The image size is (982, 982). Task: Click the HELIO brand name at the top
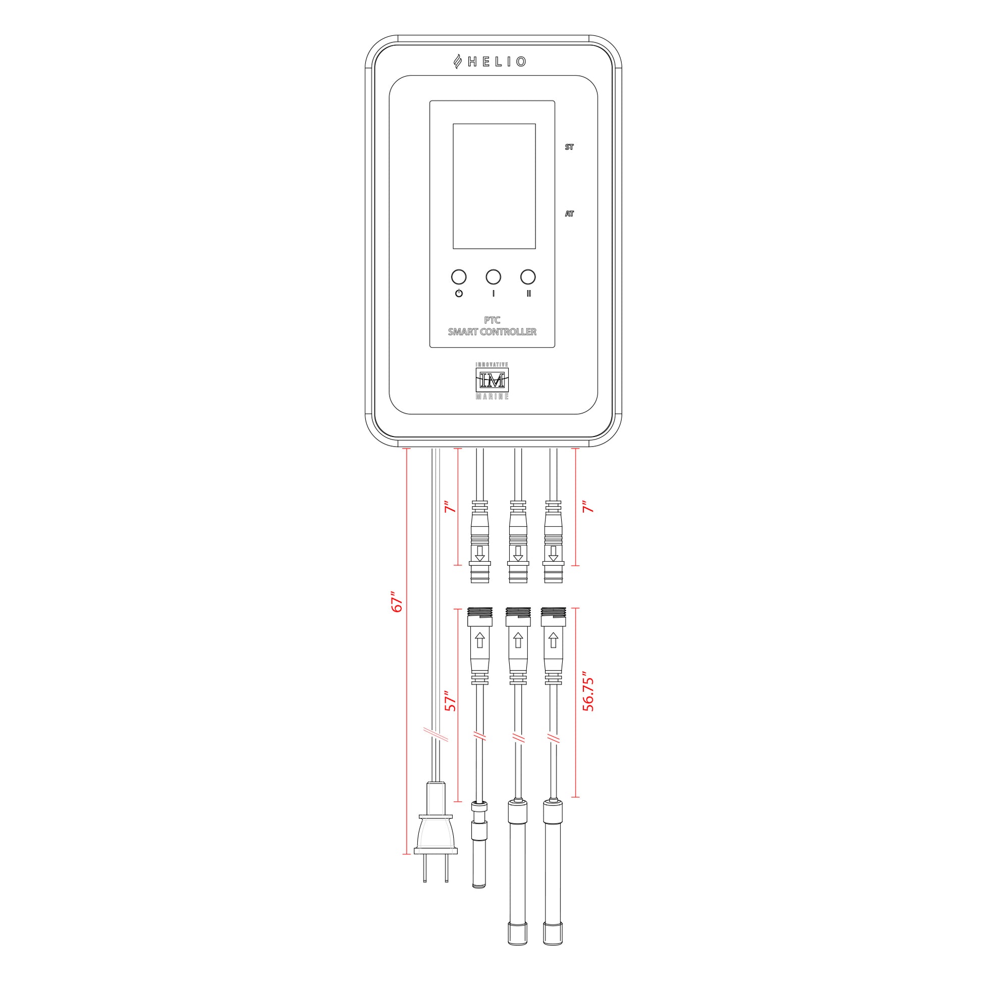(x=497, y=62)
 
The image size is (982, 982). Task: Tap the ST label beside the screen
(x=569, y=147)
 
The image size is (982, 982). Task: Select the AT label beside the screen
(x=569, y=214)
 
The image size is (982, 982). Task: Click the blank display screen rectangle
(x=494, y=186)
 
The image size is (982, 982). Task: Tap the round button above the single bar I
(x=493, y=277)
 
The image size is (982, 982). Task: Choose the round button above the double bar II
(x=528, y=277)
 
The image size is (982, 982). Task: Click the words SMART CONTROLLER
(x=492, y=332)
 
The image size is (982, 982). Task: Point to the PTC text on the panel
(x=492, y=320)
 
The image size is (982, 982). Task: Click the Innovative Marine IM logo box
(x=492, y=380)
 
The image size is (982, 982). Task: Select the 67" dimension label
(x=397, y=602)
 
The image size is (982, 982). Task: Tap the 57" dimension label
(x=450, y=700)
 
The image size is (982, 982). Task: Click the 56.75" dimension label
(x=588, y=694)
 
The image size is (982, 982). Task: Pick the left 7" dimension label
(x=450, y=507)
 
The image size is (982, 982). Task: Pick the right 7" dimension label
(x=588, y=507)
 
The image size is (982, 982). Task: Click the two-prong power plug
(x=436, y=833)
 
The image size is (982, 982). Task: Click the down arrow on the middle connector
(x=518, y=553)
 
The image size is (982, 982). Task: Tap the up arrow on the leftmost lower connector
(x=479, y=640)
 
